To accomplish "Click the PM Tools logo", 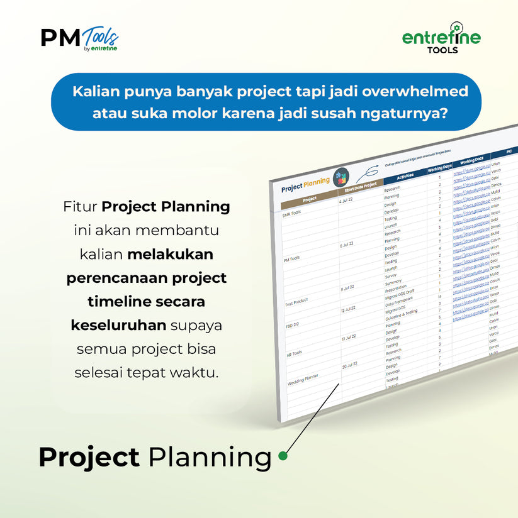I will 79,39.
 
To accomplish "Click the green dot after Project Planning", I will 283,456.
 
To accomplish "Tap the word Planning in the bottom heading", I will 210,457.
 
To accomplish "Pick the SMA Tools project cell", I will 292,212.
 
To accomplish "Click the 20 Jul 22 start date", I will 349,365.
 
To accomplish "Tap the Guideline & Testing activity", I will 401,312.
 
